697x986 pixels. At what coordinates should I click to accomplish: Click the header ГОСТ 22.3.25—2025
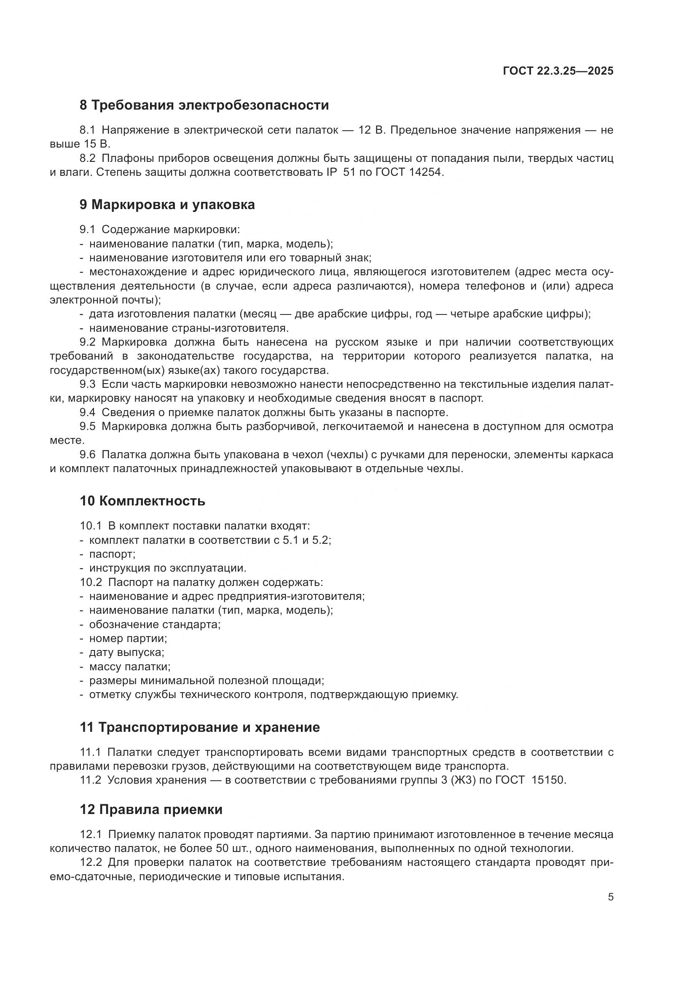coord(558,71)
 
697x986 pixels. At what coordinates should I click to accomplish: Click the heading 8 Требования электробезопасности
coord(204,105)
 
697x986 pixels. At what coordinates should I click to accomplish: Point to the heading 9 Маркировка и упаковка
coord(167,205)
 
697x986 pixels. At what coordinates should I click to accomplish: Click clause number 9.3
coord(88,384)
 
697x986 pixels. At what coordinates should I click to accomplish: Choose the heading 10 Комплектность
coord(142,501)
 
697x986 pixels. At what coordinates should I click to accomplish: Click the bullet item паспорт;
coord(112,554)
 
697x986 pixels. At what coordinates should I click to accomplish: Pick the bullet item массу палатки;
coord(130,666)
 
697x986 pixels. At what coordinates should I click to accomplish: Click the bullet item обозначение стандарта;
coord(155,624)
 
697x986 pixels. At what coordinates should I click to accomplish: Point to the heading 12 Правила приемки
coord(151,809)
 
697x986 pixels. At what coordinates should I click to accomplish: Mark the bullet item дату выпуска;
coord(126,652)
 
